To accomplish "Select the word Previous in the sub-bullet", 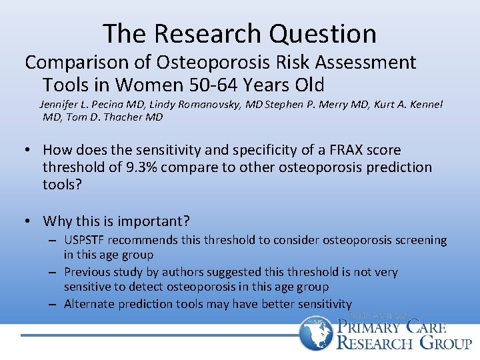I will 87,272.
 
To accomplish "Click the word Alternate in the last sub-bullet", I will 89,304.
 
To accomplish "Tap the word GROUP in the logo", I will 445,343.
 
